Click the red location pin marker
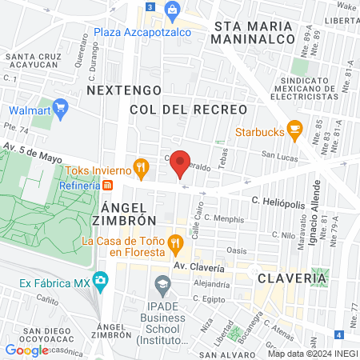point(182,164)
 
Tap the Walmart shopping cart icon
point(60,107)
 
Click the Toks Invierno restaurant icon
point(142,167)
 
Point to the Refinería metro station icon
point(108,184)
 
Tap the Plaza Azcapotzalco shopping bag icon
point(171,10)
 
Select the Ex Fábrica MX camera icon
point(100,282)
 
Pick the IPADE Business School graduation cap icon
point(162,284)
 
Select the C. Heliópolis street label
point(278,204)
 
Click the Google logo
point(26,350)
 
